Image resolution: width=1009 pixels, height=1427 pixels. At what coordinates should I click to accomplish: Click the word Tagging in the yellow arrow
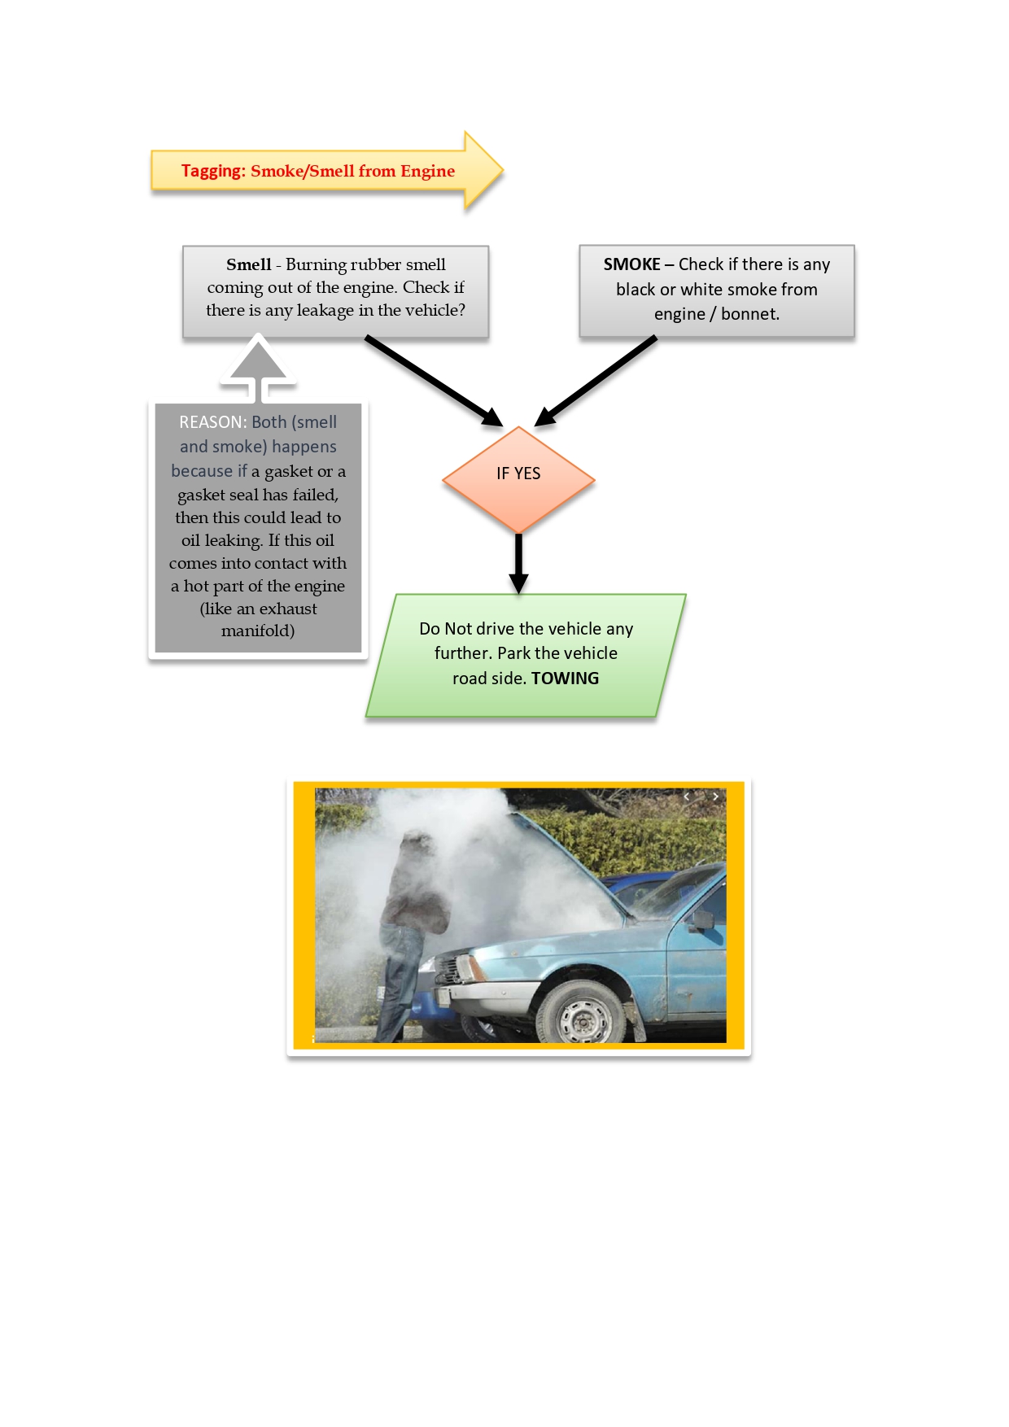point(212,171)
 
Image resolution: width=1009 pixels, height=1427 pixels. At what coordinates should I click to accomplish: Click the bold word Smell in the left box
point(248,264)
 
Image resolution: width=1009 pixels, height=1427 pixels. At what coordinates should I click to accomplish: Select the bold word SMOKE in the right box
point(631,264)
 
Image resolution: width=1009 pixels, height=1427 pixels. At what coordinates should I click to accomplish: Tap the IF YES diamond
point(518,478)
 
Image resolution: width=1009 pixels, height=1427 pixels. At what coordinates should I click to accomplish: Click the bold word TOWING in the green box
point(565,679)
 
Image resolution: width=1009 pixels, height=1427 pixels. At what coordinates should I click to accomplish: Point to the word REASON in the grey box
point(212,422)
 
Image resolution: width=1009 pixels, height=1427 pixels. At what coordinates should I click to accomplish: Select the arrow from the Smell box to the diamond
point(433,380)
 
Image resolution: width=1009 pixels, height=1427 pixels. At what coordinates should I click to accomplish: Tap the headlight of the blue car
point(470,968)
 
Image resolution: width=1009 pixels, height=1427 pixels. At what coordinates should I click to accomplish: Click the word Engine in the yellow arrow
point(427,171)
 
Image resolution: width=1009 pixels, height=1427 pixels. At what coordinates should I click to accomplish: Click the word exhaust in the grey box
point(288,609)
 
